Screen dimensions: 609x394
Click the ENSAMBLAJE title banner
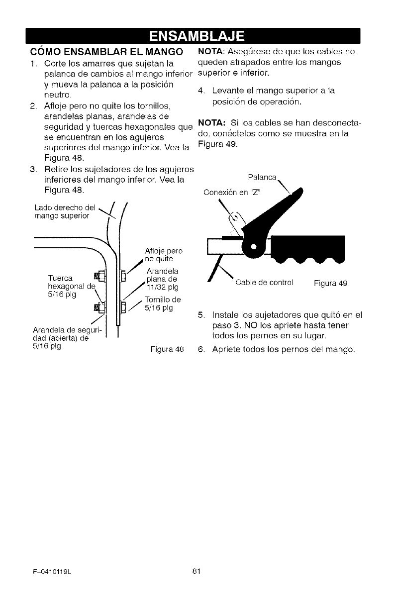(197, 36)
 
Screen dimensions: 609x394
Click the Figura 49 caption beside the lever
(330, 284)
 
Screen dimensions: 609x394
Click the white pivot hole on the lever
(253, 247)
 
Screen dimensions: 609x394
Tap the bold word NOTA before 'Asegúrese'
(211, 52)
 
